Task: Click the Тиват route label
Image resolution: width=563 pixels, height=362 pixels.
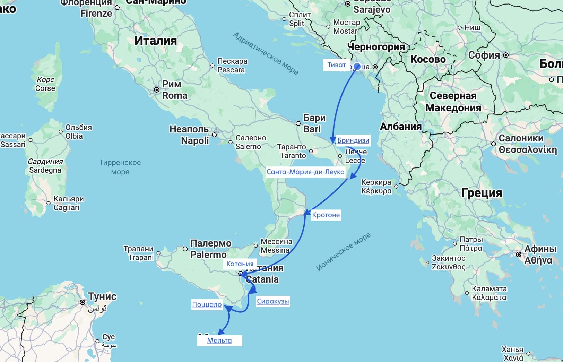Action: (336, 65)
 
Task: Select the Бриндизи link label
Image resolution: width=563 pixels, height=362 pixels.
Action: (353, 140)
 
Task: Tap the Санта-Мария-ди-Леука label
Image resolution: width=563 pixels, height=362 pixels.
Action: (305, 172)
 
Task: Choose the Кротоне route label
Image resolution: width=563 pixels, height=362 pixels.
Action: (326, 215)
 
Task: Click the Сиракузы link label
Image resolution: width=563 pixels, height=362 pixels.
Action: (272, 301)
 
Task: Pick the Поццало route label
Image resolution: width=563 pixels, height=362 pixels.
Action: (207, 304)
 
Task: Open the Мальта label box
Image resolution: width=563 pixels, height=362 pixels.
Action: (219, 341)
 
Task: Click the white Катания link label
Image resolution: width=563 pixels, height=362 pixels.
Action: (240, 264)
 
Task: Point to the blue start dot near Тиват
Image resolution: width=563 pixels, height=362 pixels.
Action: (357, 67)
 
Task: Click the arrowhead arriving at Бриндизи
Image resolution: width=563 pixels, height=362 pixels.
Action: (333, 140)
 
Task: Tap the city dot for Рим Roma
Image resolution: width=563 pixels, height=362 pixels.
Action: (157, 90)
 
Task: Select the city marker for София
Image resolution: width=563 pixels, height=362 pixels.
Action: (506, 55)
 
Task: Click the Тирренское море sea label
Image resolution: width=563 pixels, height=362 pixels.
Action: (120, 167)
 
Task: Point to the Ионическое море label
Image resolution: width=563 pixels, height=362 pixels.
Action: (343, 251)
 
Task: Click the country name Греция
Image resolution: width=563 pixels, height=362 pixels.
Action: (482, 193)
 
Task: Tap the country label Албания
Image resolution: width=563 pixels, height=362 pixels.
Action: (401, 127)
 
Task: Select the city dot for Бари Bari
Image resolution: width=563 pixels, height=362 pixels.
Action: (298, 123)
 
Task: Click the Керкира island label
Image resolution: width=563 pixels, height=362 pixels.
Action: (376, 187)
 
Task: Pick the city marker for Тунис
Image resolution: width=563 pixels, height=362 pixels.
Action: (83, 302)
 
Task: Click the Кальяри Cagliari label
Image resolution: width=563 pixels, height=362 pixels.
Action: (68, 203)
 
